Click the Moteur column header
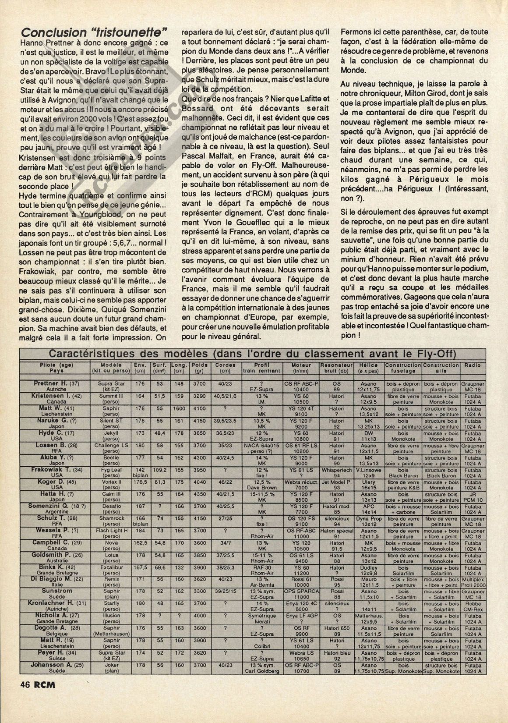301,365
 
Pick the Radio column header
473,365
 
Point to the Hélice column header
368,365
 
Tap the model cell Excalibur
110,567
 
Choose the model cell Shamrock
110,518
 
